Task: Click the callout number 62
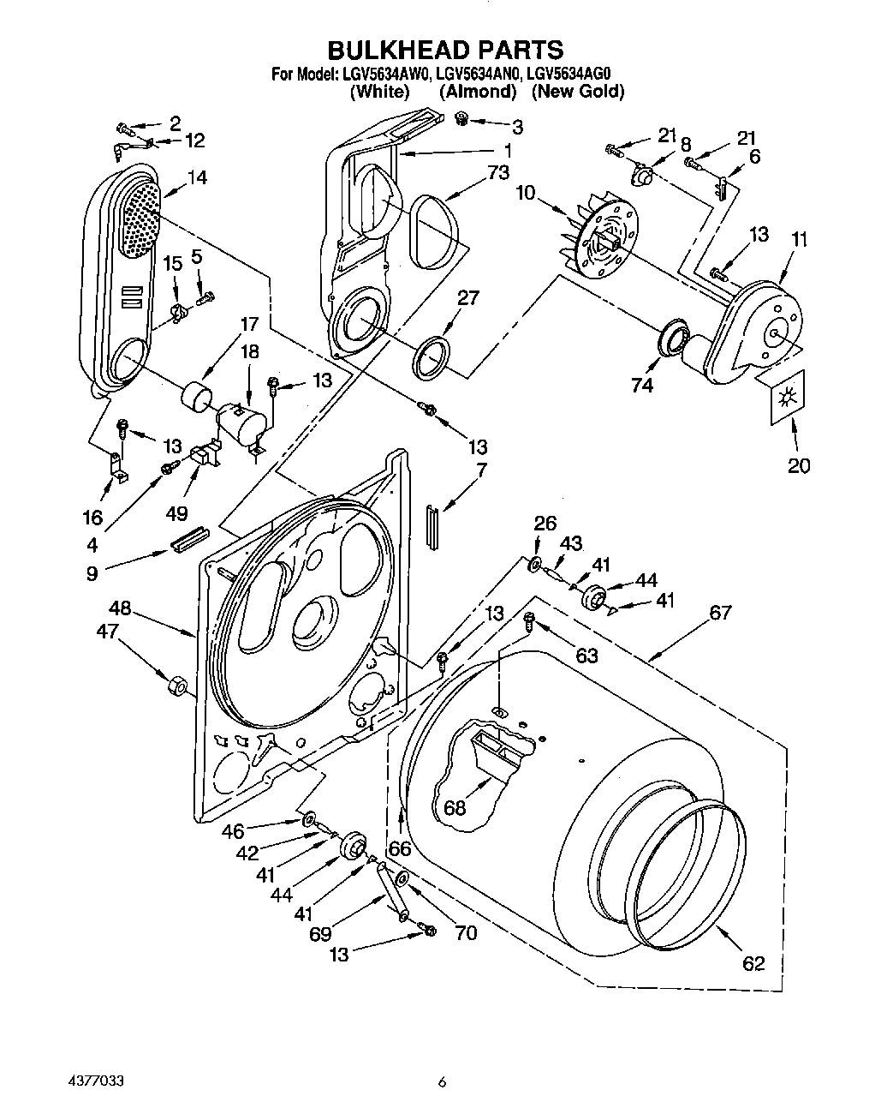point(753,962)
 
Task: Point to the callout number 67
point(720,612)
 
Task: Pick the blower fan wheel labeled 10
point(604,236)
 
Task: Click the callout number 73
point(497,172)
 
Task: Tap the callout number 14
point(198,177)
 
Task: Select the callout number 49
point(176,513)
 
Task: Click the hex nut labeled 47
point(176,686)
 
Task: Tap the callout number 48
point(121,608)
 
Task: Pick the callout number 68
point(455,807)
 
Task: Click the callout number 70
point(466,932)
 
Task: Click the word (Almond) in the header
point(477,91)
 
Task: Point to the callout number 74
point(641,385)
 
